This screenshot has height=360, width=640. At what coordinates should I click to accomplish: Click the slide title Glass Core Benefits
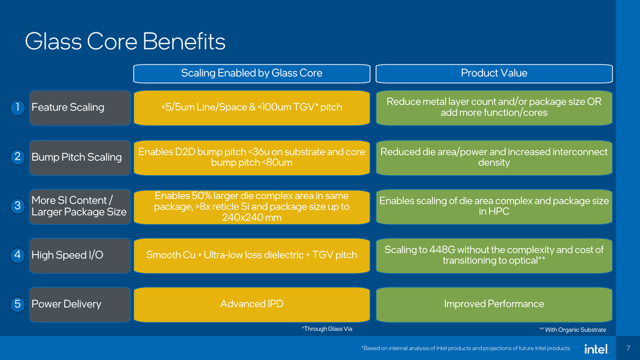pos(125,42)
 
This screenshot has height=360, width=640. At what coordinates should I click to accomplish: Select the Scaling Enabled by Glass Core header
pos(251,73)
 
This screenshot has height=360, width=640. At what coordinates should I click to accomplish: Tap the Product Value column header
pos(494,73)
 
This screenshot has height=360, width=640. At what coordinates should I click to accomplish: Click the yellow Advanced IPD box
pos(251,304)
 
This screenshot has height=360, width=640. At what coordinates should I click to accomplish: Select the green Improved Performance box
pos(494,304)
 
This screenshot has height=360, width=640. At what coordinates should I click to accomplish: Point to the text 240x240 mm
pos(251,218)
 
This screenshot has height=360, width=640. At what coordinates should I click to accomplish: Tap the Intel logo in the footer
pos(595,348)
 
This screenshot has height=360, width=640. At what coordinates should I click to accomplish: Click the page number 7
pos(627,348)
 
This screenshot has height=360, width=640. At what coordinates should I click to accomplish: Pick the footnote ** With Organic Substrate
pos(572,330)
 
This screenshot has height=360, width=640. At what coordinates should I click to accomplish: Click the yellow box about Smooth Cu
pos(251,255)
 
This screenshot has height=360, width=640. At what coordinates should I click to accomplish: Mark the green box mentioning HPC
pos(494,206)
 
